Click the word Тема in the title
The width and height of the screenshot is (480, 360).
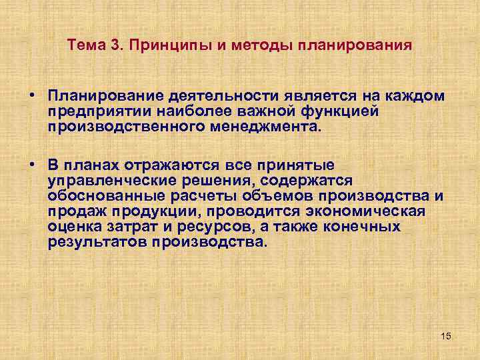[x=85, y=46]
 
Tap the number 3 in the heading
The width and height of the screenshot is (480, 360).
[x=114, y=46]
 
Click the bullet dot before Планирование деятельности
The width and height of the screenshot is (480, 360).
[x=32, y=96]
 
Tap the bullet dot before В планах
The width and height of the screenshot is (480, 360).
[x=32, y=164]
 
